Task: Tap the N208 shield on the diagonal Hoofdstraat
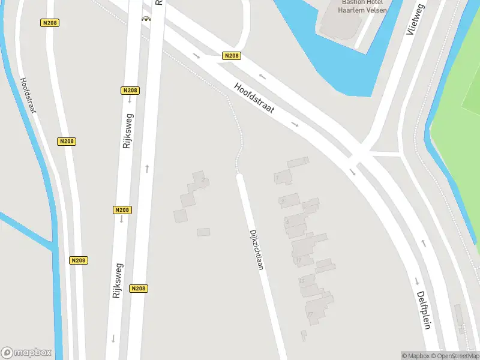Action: click(231, 56)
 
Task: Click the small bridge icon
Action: click(146, 19)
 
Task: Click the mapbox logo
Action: click(26, 353)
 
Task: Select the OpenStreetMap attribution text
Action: click(456, 356)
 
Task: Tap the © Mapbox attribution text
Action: click(416, 356)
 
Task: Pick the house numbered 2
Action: click(199, 179)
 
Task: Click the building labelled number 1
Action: click(282, 178)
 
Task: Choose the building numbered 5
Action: click(295, 222)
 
